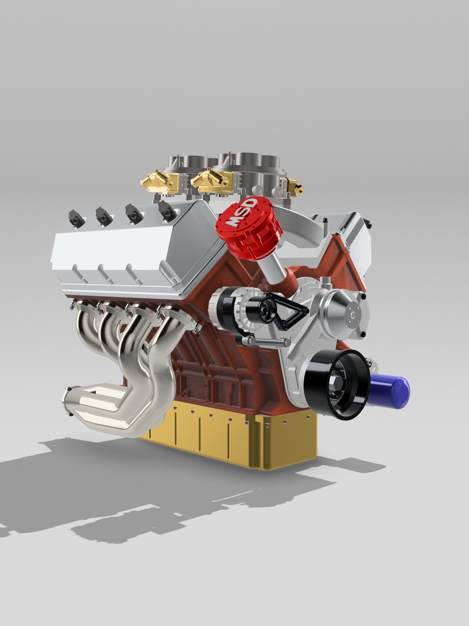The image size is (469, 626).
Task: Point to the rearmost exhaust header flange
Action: pyautogui.click(x=85, y=308)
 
